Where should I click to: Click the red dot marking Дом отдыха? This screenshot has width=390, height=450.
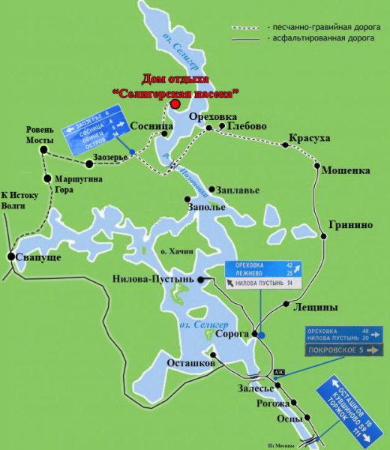(x=175, y=105)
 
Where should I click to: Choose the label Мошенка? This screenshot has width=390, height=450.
(x=345, y=170)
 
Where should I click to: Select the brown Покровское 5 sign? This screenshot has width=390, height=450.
(x=344, y=349)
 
